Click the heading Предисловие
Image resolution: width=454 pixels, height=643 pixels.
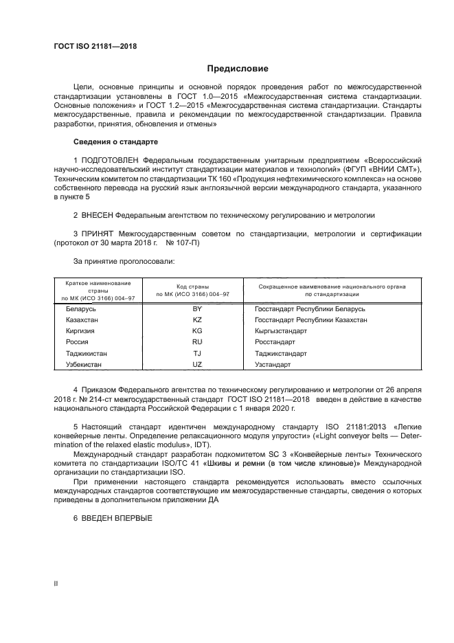[x=238, y=69]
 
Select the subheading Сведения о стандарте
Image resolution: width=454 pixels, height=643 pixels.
[x=115, y=142]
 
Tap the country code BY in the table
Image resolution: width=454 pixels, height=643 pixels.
[x=197, y=308]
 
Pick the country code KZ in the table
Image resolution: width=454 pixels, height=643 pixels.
[x=197, y=319]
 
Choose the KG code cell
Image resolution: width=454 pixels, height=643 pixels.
[x=197, y=330]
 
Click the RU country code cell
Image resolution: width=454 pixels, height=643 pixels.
[x=197, y=341]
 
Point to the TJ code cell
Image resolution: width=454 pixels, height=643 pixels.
[x=197, y=353]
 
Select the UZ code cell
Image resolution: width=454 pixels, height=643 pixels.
[x=197, y=364]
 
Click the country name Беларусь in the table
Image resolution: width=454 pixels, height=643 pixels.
[x=80, y=308]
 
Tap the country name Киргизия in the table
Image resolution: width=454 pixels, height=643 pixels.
[x=80, y=330]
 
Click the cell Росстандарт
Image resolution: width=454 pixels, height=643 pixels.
[x=275, y=341]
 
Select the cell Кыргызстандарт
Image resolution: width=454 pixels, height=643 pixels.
[x=280, y=330]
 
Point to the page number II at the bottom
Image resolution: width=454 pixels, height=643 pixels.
[x=56, y=583]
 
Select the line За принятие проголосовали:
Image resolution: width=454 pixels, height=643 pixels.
[x=124, y=262]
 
